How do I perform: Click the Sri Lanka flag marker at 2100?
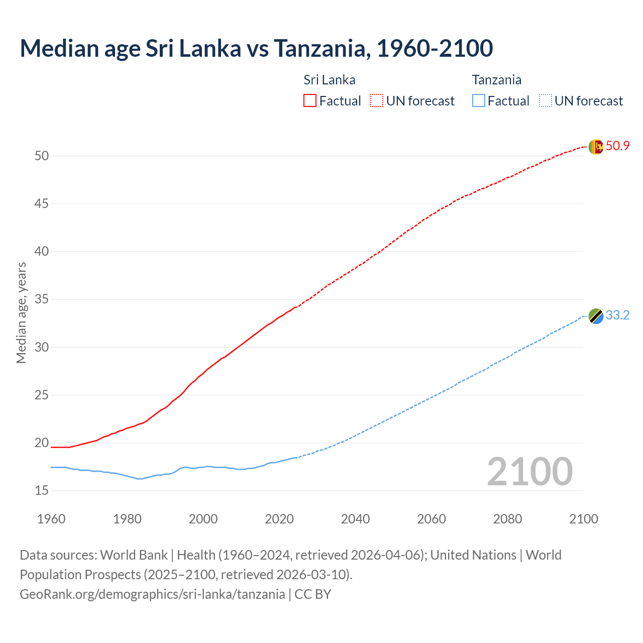pyautogui.click(x=596, y=147)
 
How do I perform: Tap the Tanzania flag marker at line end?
pyautogui.click(x=596, y=316)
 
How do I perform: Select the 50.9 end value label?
pyautogui.click(x=617, y=146)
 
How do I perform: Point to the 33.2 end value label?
pyautogui.click(x=617, y=315)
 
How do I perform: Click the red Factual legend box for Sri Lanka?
pyautogui.click(x=310, y=101)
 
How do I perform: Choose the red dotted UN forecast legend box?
pyautogui.click(x=377, y=101)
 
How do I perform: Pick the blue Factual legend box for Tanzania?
pyautogui.click(x=479, y=101)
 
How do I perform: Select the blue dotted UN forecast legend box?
pyautogui.click(x=546, y=101)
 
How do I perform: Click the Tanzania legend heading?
pyautogui.click(x=496, y=80)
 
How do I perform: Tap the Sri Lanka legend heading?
pyautogui.click(x=329, y=80)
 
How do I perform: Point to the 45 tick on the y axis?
pyautogui.click(x=42, y=204)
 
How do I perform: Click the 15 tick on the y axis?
pyautogui.click(x=42, y=491)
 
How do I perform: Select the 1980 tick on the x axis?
pyautogui.click(x=127, y=519)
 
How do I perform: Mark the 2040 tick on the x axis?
pyautogui.click(x=355, y=519)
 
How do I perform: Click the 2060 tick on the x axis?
pyautogui.click(x=432, y=519)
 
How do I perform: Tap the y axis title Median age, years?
pyautogui.click(x=21, y=312)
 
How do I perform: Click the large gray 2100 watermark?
pyautogui.click(x=529, y=472)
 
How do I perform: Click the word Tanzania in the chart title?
pyautogui.click(x=321, y=48)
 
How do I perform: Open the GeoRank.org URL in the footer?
pyautogui.click(x=152, y=594)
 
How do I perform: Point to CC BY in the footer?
pyautogui.click(x=313, y=594)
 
